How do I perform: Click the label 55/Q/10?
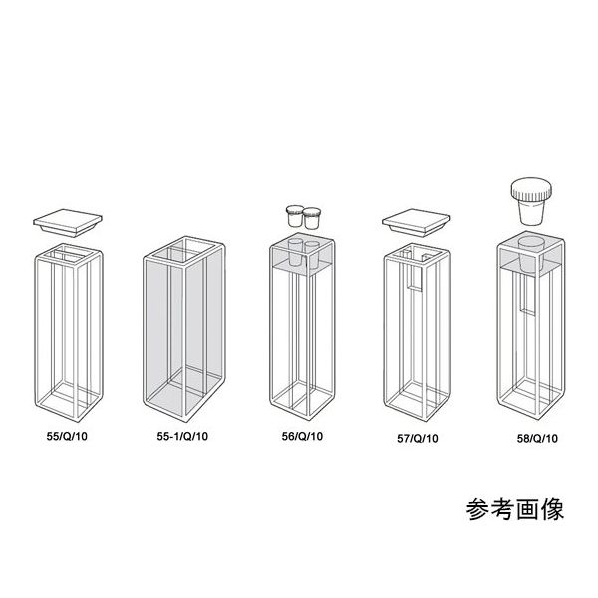[x=68, y=435]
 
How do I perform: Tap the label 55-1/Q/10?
[x=184, y=435]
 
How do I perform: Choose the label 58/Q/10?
[x=533, y=435]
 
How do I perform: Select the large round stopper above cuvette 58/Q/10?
[x=531, y=198]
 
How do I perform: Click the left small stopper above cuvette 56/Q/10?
[x=294, y=213]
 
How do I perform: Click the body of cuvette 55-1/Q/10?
[x=184, y=329]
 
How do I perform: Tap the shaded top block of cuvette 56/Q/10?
[x=299, y=256]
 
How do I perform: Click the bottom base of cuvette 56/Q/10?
[x=298, y=405]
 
